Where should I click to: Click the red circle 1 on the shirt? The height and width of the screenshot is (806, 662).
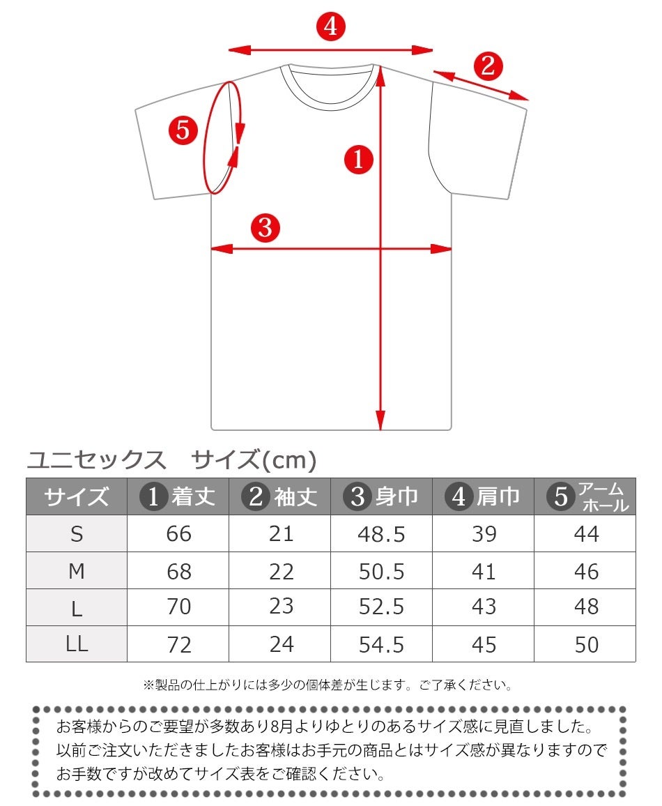(360, 160)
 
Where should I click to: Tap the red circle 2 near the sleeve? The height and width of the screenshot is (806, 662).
(488, 66)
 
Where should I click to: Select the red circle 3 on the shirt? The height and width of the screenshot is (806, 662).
(265, 227)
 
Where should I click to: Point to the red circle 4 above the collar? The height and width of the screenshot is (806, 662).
(330, 27)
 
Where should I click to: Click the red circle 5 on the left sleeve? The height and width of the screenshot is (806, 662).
(183, 130)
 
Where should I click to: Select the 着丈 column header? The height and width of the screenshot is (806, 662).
(178, 496)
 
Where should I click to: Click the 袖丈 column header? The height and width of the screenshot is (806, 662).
(280, 496)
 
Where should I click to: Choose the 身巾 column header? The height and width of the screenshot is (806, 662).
(382, 496)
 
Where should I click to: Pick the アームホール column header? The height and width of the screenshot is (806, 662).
(585, 496)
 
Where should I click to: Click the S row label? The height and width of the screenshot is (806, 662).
(77, 534)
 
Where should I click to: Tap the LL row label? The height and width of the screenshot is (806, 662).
(77, 644)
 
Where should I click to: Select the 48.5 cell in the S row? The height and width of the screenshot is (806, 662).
(382, 534)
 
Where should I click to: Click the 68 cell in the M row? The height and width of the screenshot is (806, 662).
(179, 572)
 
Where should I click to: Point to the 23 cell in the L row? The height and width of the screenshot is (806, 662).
(281, 607)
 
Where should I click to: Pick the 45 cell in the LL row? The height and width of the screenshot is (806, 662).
(484, 644)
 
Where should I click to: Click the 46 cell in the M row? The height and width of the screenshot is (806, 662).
(586, 572)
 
